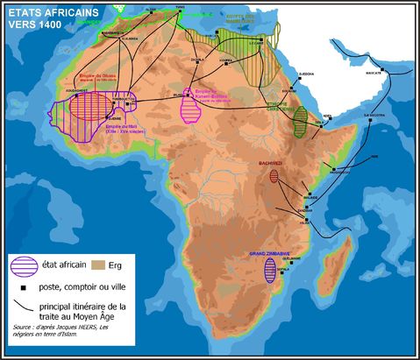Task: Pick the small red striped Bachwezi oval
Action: (x=274, y=176)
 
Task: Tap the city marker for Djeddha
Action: (x=305, y=77)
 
